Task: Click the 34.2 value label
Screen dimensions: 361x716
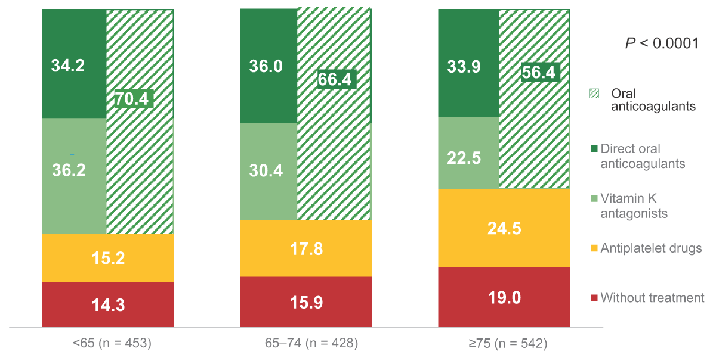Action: [x=67, y=65]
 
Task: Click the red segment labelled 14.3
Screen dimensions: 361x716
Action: [x=108, y=304]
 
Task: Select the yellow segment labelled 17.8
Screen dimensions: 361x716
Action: [x=305, y=248]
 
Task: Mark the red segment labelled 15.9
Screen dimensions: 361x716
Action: [x=305, y=302]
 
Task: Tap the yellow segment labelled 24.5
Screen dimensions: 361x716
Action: [x=505, y=228]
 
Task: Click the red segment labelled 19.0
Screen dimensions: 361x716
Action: [x=505, y=297]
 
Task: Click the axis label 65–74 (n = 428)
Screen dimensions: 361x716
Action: [x=305, y=343]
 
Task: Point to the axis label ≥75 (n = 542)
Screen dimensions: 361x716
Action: [x=505, y=343]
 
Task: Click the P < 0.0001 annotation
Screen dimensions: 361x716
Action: [x=661, y=43]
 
